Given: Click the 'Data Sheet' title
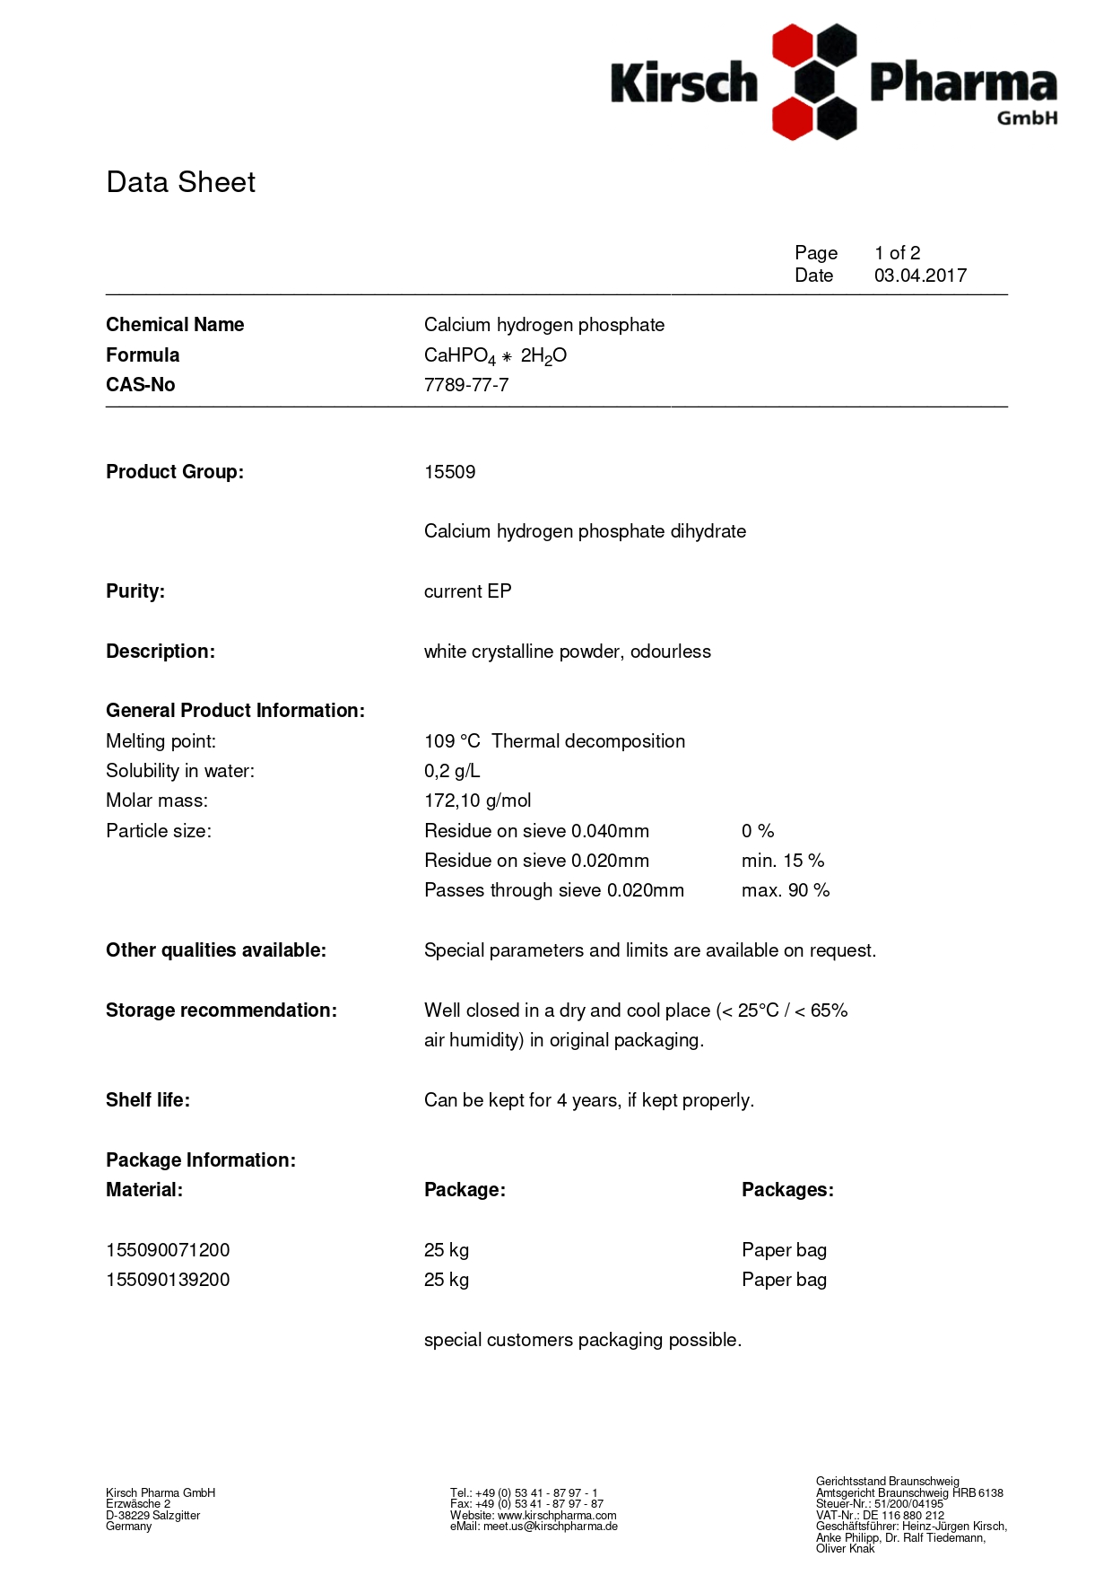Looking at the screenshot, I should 180,182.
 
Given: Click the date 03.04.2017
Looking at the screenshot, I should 920,276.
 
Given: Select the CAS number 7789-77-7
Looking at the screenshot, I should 466,385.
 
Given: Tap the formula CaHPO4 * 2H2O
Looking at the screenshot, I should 495,355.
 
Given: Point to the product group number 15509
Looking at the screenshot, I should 449,472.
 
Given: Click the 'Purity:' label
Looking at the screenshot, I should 135,591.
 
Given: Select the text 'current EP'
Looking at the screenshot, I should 467,591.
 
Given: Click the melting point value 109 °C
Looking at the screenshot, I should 452,741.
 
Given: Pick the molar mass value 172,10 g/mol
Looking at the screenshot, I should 477,801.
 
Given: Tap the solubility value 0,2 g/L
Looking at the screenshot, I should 452,771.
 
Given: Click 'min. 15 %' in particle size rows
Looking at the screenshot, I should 782,861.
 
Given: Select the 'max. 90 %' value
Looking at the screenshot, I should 785,890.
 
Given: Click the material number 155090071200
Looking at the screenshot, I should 168,1250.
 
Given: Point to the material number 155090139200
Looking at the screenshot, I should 168,1280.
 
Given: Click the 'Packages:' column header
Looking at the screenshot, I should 787,1190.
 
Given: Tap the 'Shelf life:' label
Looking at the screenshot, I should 148,1100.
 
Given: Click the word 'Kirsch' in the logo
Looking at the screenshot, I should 684,83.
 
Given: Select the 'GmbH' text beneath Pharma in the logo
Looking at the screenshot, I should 1027,118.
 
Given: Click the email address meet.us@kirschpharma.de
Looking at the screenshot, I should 551,1526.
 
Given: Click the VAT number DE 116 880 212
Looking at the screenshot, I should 903,1515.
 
